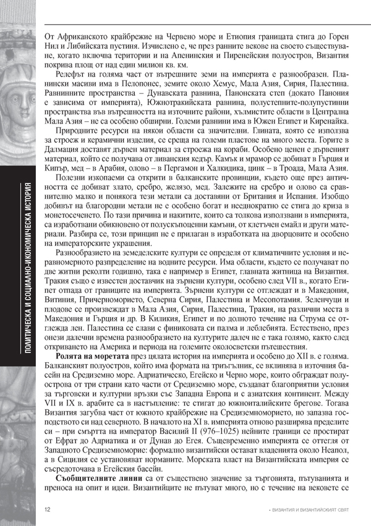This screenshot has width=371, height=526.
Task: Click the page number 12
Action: [48, 509]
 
